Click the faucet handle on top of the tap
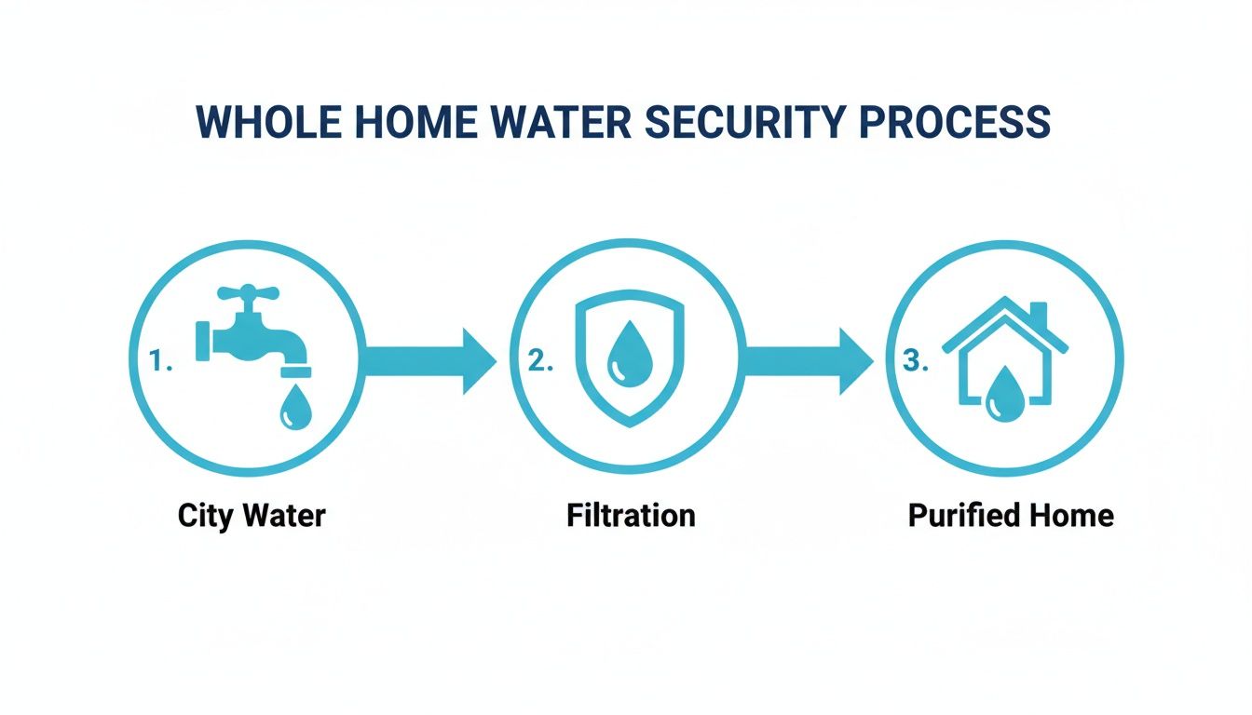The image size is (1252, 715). pos(249,293)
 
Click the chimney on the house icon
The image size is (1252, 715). pos(1037,315)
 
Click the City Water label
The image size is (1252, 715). pos(252,515)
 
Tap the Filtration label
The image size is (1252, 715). pos(631,515)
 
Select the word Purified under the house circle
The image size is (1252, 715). pos(959,515)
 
